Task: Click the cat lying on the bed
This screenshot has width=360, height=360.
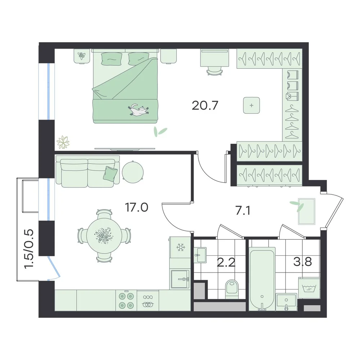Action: [x=139, y=109]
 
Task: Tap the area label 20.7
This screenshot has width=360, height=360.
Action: [x=204, y=105]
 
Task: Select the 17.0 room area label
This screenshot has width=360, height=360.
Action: [x=136, y=207]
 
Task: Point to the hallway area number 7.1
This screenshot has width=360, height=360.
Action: [x=243, y=211]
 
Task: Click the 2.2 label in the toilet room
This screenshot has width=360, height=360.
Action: [x=226, y=262]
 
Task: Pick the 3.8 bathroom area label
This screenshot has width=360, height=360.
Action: [x=303, y=261]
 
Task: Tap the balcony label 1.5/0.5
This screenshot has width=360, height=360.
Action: [x=29, y=249]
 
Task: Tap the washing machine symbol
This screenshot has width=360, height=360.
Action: [x=309, y=288]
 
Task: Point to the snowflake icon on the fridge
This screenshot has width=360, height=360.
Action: [x=180, y=247]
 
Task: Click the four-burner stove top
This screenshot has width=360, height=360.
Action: [x=126, y=300]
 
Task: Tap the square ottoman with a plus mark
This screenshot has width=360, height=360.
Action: [x=252, y=105]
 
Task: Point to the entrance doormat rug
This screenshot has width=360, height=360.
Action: [x=306, y=211]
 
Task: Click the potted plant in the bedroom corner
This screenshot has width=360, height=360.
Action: [x=63, y=142]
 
